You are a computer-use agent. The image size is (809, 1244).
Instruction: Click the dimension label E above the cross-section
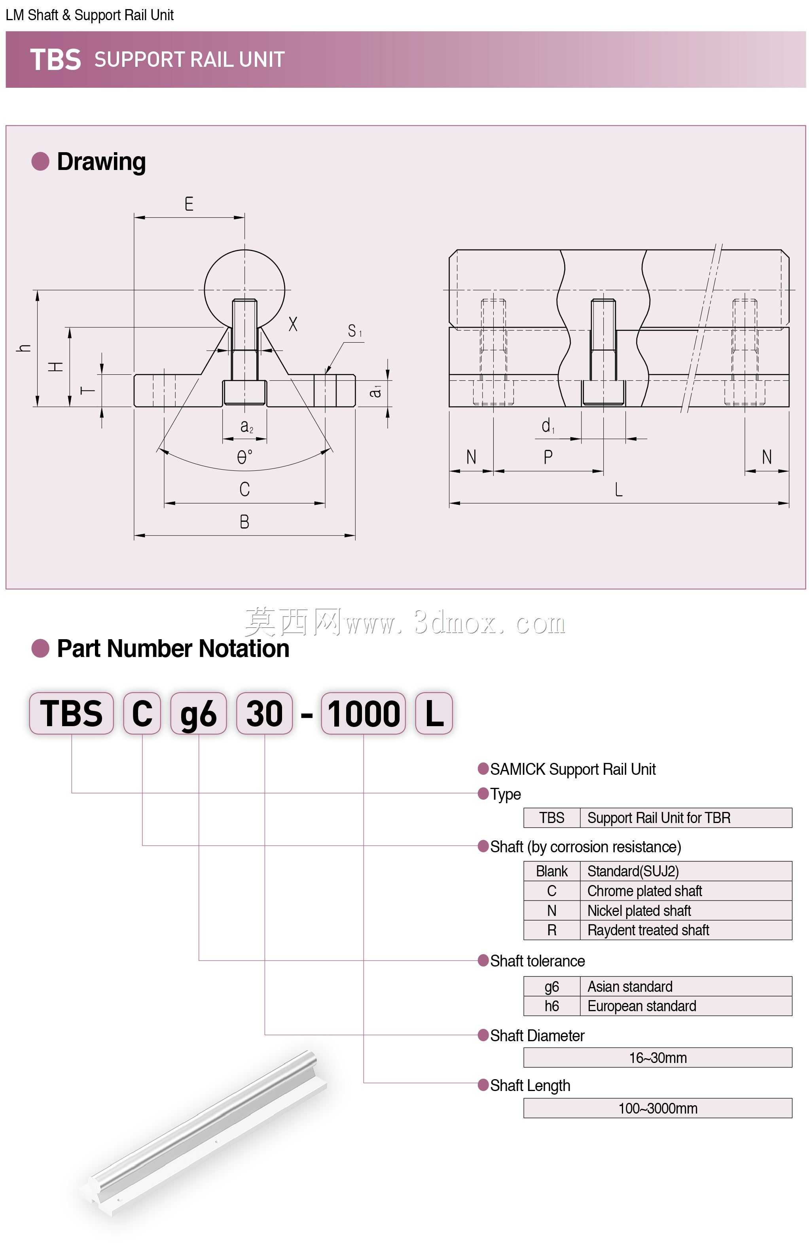click(x=189, y=204)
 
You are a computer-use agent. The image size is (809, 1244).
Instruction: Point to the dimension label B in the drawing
click(x=244, y=522)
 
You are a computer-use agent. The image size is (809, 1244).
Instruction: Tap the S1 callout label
click(x=354, y=331)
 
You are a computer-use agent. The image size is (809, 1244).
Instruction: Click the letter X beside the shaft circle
click(x=293, y=324)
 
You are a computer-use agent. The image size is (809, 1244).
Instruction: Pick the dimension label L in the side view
click(x=619, y=489)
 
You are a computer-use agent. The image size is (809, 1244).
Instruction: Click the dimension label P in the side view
click(x=548, y=457)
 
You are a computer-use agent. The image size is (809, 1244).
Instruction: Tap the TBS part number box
click(x=72, y=713)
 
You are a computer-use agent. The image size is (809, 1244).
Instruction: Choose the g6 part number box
click(x=199, y=713)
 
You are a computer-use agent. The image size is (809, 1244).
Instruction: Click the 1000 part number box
click(x=364, y=713)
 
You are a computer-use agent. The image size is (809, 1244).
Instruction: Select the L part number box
click(x=434, y=713)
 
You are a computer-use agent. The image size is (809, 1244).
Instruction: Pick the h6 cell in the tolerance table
click(x=552, y=1006)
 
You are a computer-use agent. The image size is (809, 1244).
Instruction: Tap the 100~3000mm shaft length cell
click(x=658, y=1108)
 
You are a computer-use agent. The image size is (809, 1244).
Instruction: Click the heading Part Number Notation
click(x=173, y=649)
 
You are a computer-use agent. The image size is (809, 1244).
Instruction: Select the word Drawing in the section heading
click(x=101, y=162)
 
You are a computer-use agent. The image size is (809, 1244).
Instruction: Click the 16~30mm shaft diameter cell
click(x=658, y=1057)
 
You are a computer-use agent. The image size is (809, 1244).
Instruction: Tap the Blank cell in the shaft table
click(x=552, y=871)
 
